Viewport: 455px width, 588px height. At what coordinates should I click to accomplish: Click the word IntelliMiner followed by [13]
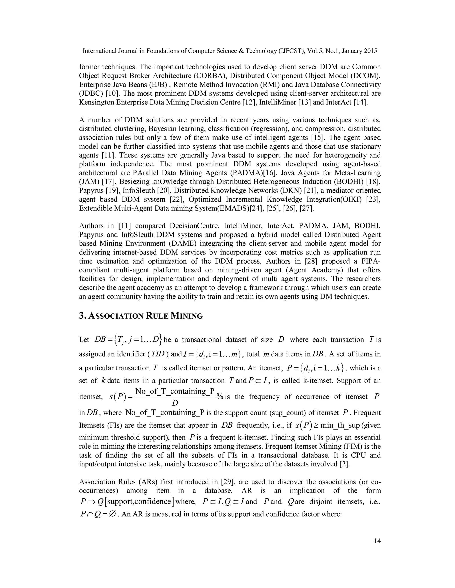coord(278,102)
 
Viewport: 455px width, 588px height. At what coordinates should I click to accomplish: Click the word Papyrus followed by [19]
coord(91,190)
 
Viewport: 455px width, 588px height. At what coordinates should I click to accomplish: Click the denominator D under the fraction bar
coord(175,403)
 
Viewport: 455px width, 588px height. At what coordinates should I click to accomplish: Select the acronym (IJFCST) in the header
coord(291,51)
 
